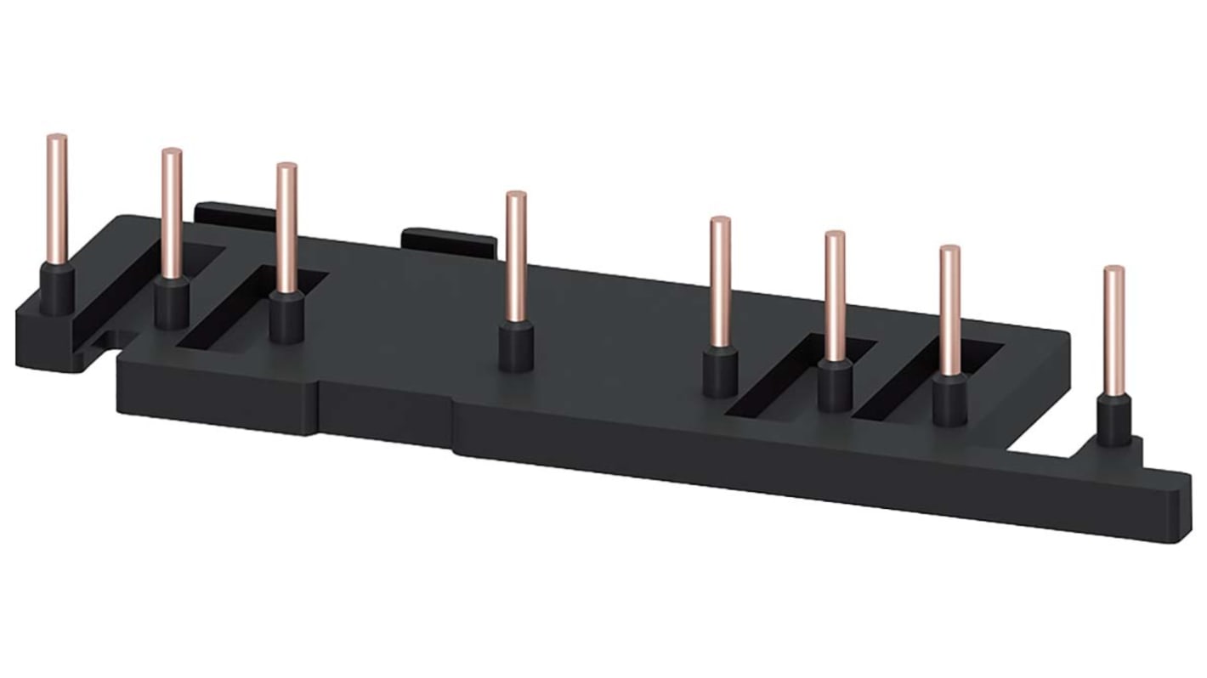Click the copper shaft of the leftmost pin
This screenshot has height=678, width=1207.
point(57,200)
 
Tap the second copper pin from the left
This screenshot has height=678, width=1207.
point(172,212)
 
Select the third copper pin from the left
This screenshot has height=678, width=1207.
point(287,227)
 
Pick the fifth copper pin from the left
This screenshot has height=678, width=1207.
point(720,280)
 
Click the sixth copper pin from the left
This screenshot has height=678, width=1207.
point(835,294)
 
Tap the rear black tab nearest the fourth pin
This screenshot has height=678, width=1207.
point(450,241)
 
